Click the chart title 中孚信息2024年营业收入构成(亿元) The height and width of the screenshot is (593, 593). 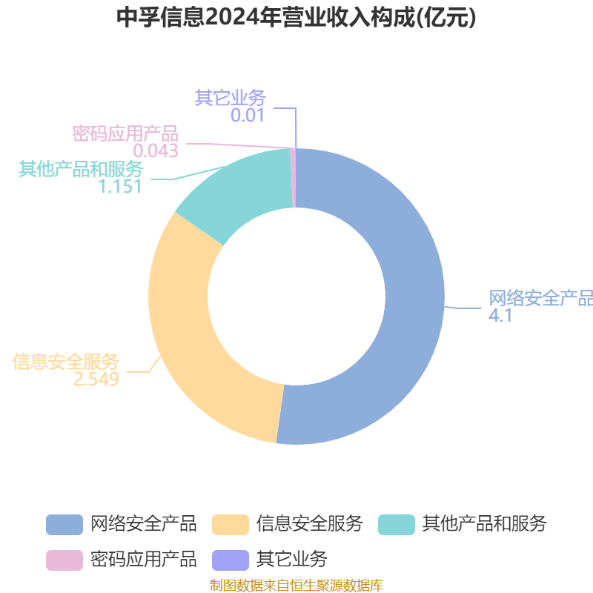[x=296, y=18]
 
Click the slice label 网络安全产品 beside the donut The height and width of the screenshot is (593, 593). [x=540, y=298]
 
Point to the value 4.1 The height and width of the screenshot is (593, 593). [x=500, y=316]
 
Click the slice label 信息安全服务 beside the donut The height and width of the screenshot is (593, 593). [x=66, y=362]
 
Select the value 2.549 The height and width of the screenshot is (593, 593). [x=96, y=380]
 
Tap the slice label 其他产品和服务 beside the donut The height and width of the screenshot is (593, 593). [x=81, y=168]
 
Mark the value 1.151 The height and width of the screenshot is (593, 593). [x=120, y=186]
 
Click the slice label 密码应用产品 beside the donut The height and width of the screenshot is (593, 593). [x=125, y=133]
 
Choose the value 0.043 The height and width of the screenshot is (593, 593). [x=156, y=151]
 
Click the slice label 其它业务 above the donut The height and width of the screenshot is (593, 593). [x=230, y=98]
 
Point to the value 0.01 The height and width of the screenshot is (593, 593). [x=247, y=116]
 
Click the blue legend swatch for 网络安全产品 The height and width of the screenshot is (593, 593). [x=64, y=524]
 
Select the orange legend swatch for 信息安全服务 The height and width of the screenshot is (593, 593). [x=230, y=524]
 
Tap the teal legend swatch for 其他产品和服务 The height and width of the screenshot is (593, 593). [x=396, y=524]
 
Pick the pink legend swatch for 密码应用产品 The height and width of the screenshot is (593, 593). [x=64, y=558]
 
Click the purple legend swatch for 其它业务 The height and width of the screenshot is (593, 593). [x=230, y=558]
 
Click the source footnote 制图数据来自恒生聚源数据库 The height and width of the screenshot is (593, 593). [x=296, y=586]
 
